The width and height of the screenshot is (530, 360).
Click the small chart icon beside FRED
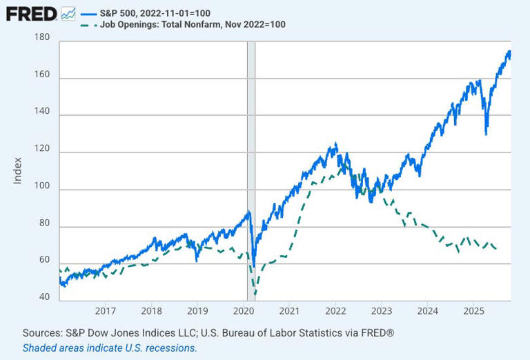click(68, 13)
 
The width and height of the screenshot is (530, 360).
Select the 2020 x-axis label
click(244, 311)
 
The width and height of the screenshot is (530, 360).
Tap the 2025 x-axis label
click(473, 311)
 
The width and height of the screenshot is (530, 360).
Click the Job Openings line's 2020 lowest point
click(255, 294)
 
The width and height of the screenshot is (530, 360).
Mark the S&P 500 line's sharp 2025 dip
click(487, 134)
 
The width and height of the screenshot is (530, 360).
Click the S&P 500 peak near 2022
click(335, 143)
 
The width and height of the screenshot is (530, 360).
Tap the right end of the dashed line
click(497, 249)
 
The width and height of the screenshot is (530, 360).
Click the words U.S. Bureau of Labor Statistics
click(280, 333)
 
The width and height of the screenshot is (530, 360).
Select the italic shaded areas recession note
click(110, 348)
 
